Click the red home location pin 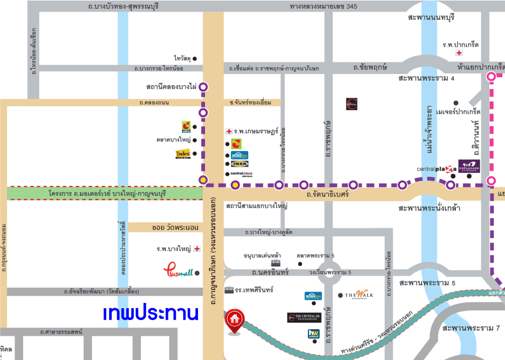(x=234, y=320)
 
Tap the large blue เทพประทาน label (x=151, y=313)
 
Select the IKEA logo (x=240, y=164)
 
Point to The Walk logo (x=359, y=295)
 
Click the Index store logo (x=183, y=154)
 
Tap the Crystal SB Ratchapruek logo (x=304, y=317)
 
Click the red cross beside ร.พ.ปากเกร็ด (x=459, y=53)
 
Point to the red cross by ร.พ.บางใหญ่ (x=197, y=249)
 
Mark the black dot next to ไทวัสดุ (x=195, y=58)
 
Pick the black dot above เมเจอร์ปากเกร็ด (x=456, y=103)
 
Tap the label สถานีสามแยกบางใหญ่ (x=257, y=206)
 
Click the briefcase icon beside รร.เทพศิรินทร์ (x=229, y=289)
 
